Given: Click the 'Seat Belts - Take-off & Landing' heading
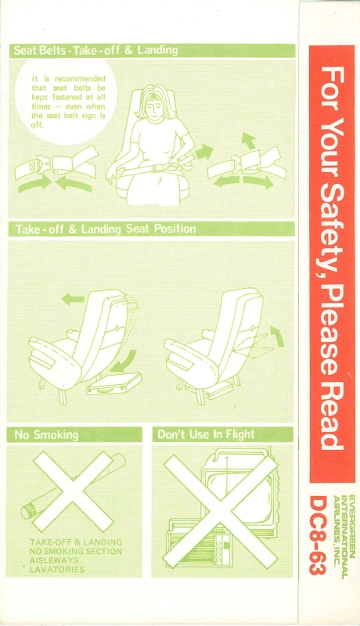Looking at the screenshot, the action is pyautogui.click(x=95, y=50).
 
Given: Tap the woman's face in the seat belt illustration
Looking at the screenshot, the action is pyautogui.click(x=154, y=105).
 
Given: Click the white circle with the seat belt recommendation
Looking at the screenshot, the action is pyautogui.click(x=67, y=102).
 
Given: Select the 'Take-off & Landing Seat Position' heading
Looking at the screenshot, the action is pyautogui.click(x=106, y=229).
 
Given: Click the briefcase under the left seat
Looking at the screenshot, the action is pyautogui.click(x=113, y=384).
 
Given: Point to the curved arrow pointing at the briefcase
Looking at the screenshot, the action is pyautogui.click(x=127, y=362).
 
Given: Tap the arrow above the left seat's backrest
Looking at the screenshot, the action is pyautogui.click(x=73, y=299).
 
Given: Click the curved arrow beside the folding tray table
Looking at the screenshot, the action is pyautogui.click(x=278, y=335).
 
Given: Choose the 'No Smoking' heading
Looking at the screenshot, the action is pyautogui.click(x=46, y=435).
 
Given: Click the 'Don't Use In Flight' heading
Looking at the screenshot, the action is pyautogui.click(x=206, y=434).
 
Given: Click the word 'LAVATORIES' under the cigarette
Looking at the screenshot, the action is pyautogui.click(x=57, y=570).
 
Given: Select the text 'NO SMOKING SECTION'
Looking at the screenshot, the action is pyautogui.click(x=76, y=552).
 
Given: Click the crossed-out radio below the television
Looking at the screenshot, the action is pyautogui.click(x=196, y=542).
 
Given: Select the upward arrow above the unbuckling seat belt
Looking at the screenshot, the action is pyautogui.click(x=249, y=141).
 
